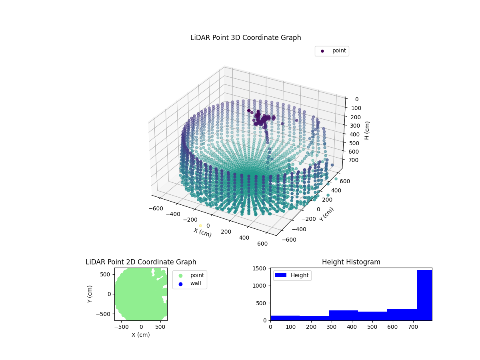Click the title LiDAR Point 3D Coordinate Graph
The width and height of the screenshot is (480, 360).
pyautogui.click(x=246, y=38)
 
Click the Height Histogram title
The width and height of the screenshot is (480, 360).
pyautogui.click(x=351, y=262)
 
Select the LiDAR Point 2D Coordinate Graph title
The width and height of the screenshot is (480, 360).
pyautogui.click(x=141, y=262)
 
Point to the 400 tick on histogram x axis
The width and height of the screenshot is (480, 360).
pyautogui.click(x=352, y=327)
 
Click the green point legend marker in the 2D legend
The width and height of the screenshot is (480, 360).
pyautogui.click(x=180, y=276)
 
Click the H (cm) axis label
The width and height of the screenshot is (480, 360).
pyautogui.click(x=367, y=130)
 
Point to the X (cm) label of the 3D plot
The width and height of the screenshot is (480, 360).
pyautogui.click(x=203, y=232)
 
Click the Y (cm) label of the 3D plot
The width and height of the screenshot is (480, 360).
pyautogui.click(x=326, y=214)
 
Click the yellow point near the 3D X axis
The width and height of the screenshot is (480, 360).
pyautogui.click(x=200, y=226)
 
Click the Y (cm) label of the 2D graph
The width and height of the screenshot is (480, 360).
pyautogui.click(x=90, y=294)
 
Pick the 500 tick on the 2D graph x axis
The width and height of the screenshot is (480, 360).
pyautogui.click(x=161, y=327)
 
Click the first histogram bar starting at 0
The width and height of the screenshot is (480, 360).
pyautogui.click(x=285, y=318)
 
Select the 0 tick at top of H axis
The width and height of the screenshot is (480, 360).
pyautogui.click(x=356, y=99)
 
